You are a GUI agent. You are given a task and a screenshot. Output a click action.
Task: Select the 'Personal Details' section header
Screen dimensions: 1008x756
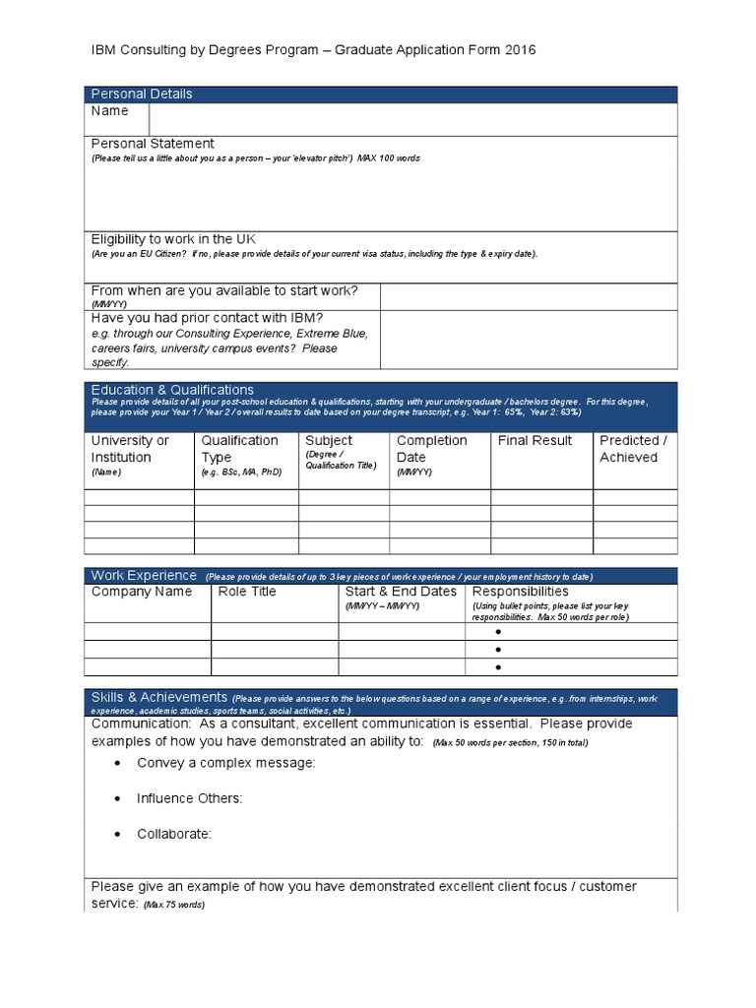142,94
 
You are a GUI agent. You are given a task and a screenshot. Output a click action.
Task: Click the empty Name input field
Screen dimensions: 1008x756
412,119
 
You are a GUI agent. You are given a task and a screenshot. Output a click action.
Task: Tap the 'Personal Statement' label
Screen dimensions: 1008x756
153,144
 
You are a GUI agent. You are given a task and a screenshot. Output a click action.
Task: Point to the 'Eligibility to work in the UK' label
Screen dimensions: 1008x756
173,239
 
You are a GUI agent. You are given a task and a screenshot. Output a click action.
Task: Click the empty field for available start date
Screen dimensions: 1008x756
528,296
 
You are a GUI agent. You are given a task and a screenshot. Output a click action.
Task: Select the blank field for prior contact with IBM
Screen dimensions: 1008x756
528,340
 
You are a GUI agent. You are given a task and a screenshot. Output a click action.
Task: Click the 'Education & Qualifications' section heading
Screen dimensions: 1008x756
172,390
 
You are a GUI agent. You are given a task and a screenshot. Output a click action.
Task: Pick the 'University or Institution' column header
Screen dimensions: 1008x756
130,449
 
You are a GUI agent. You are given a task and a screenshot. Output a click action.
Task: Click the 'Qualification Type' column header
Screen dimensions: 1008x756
239,449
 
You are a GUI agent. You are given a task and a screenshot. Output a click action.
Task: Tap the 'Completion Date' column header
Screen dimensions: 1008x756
431,449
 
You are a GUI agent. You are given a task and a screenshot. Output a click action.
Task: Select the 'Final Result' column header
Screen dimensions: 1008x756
535,441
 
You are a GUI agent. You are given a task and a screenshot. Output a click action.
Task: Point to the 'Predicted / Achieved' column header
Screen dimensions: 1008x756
633,449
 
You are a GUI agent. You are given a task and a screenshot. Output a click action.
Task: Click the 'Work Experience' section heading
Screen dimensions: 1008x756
144,575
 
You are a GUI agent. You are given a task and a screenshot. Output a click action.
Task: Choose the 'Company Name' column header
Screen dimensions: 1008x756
142,592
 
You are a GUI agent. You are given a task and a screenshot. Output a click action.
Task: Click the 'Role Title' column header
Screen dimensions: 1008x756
247,592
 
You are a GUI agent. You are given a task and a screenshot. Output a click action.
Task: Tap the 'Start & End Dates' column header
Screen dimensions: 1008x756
401,592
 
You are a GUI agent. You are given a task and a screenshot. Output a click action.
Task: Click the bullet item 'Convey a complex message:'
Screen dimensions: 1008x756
226,763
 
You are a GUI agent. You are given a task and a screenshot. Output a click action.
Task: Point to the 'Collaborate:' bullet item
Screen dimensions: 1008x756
174,834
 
